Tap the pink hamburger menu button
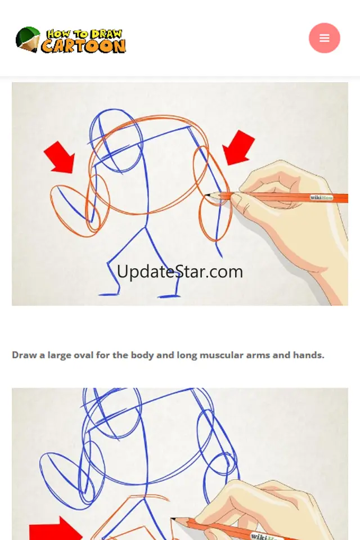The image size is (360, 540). click(x=324, y=38)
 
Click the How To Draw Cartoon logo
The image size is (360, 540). click(x=71, y=40)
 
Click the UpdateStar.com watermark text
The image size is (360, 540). click(x=180, y=272)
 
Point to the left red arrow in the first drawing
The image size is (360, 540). click(x=59, y=157)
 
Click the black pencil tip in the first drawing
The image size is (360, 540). click(x=208, y=195)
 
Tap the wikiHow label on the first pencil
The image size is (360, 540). click(x=321, y=197)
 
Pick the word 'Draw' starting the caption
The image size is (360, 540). click(x=24, y=355)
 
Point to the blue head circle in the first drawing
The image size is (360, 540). click(x=116, y=141)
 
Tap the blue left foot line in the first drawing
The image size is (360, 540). click(x=109, y=294)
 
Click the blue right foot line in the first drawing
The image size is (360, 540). click(x=169, y=296)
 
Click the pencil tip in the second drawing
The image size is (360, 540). click(x=173, y=519)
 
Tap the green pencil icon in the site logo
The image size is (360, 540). click(x=28, y=39)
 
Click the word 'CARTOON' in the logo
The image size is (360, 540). click(x=83, y=46)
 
